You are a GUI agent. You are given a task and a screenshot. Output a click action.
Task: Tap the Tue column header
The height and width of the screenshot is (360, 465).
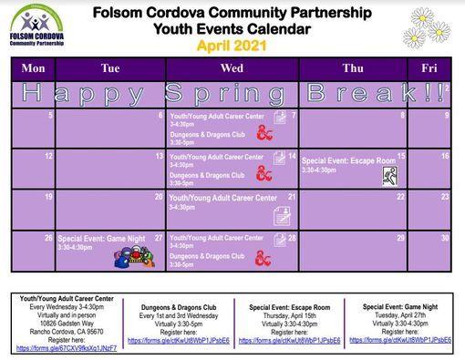(110, 68)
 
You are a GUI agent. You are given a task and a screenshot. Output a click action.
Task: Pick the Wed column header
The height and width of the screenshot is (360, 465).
(232, 68)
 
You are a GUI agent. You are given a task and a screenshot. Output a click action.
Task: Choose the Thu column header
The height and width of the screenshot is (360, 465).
(352, 68)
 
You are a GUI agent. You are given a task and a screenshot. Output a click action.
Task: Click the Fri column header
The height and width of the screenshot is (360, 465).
(429, 68)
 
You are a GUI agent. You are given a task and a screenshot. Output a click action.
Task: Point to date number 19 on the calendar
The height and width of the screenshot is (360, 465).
(48, 196)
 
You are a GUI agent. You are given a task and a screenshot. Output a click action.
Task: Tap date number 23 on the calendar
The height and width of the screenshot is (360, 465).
(445, 196)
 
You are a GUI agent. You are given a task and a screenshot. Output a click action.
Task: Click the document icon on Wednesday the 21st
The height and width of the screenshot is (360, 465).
(284, 215)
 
